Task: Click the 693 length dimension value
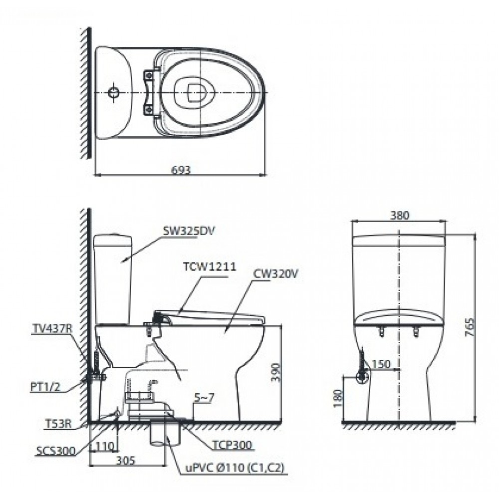(x=181, y=170)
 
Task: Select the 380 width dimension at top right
(x=400, y=216)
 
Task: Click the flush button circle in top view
(x=114, y=93)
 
